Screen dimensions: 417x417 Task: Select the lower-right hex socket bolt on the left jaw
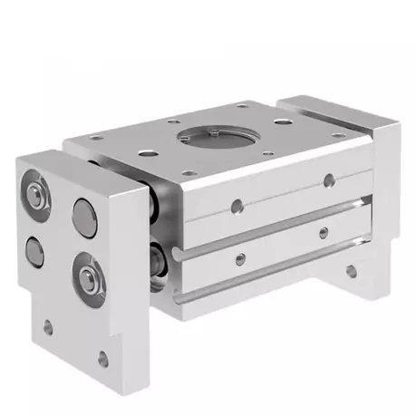[x=91, y=275]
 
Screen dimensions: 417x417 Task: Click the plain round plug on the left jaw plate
[x=84, y=218]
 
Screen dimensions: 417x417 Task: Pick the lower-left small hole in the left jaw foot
[x=47, y=327]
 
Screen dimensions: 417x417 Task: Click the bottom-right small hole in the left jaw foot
[x=103, y=359]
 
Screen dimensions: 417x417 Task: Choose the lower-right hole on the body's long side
[x=324, y=233]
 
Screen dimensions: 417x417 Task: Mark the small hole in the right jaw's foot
[x=347, y=269]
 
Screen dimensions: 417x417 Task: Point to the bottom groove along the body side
[x=272, y=276]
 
